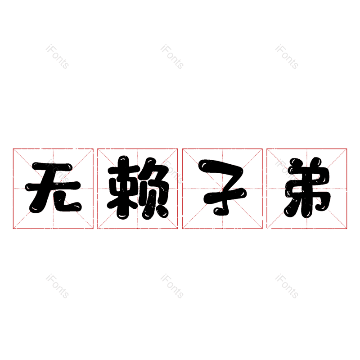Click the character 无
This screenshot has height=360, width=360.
tap(53, 187)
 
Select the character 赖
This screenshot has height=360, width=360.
tap(138, 187)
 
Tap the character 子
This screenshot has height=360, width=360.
tap(222, 187)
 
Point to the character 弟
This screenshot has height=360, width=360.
tap(307, 187)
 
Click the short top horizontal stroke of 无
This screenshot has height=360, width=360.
tap(52, 166)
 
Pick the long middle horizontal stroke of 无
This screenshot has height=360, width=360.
tap(53, 185)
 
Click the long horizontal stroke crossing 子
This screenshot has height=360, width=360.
tap(225, 195)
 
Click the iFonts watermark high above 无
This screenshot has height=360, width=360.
tap(57, 57)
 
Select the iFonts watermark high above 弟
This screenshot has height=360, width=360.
tap(287, 57)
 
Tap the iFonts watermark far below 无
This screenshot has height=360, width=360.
tap(57, 286)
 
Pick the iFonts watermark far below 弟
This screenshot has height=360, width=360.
tap(287, 286)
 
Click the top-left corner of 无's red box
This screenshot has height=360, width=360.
tap(13, 149)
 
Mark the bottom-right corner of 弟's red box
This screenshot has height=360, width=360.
tap(346, 229)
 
